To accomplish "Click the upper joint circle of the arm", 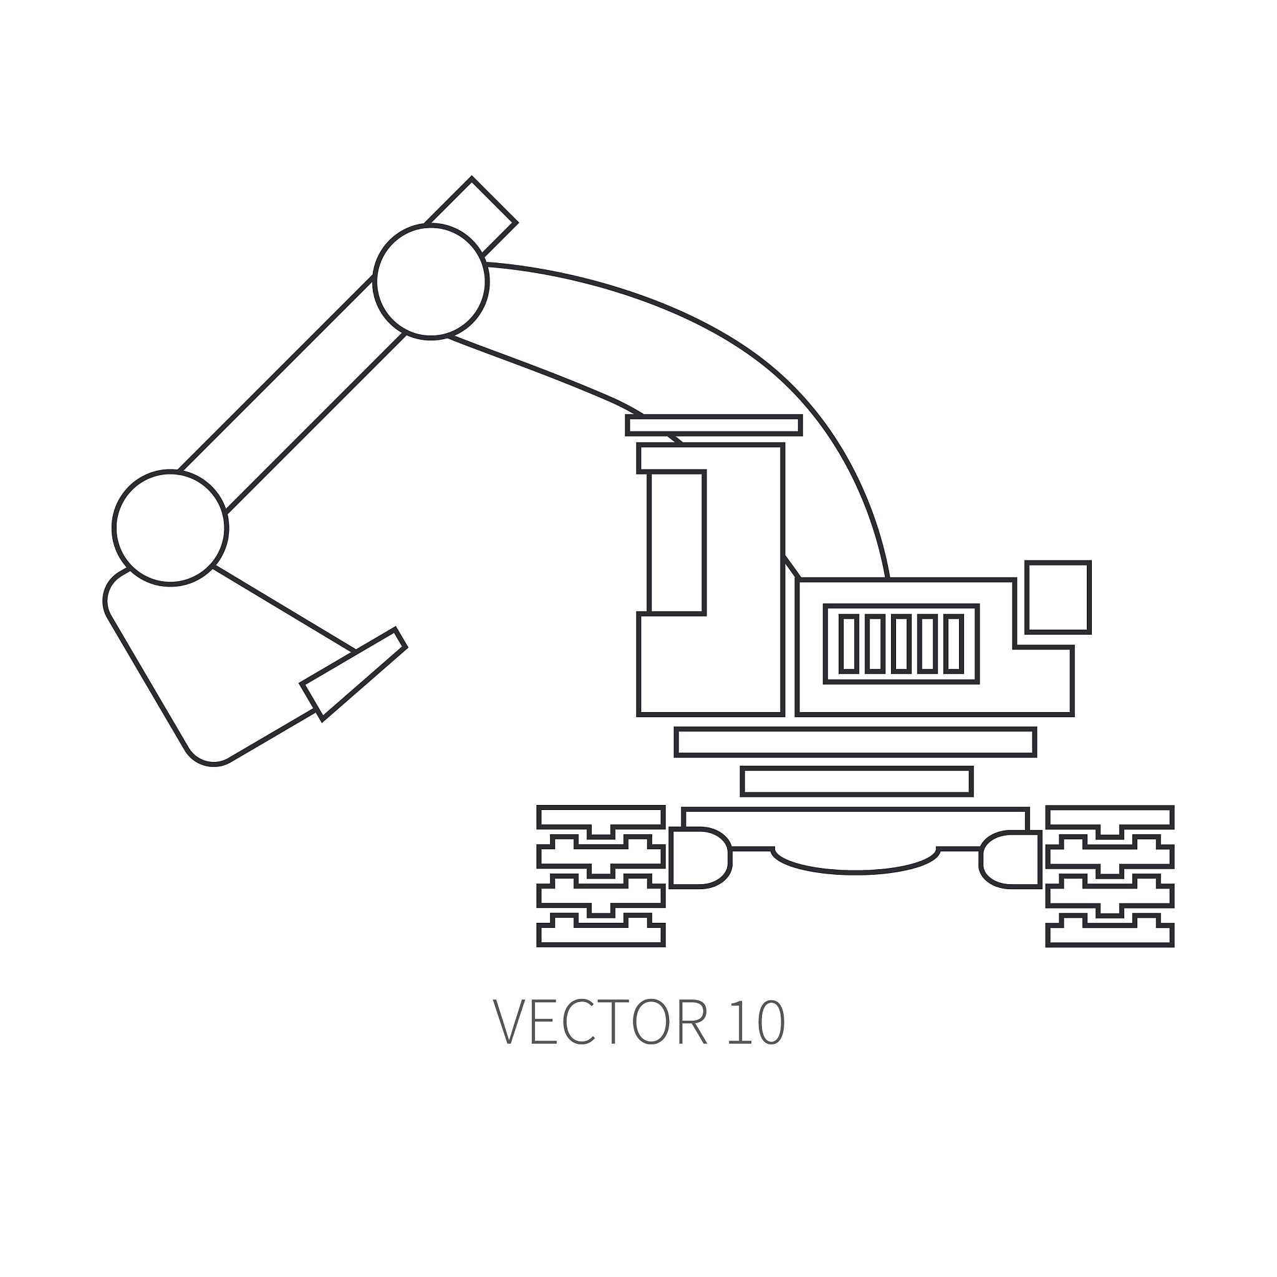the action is point(431,282).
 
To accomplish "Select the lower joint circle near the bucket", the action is point(170,528).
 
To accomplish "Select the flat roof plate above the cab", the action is point(714,425).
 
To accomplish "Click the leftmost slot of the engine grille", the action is point(849,643).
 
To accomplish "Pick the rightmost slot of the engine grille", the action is point(953,643).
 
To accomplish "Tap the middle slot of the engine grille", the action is point(901,643).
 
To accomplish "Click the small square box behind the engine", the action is point(1058,597).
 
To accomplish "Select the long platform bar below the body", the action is point(855,741).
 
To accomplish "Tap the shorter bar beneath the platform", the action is point(857,781).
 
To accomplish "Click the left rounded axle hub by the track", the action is point(700,857).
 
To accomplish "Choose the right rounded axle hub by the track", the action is point(1010,860).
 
